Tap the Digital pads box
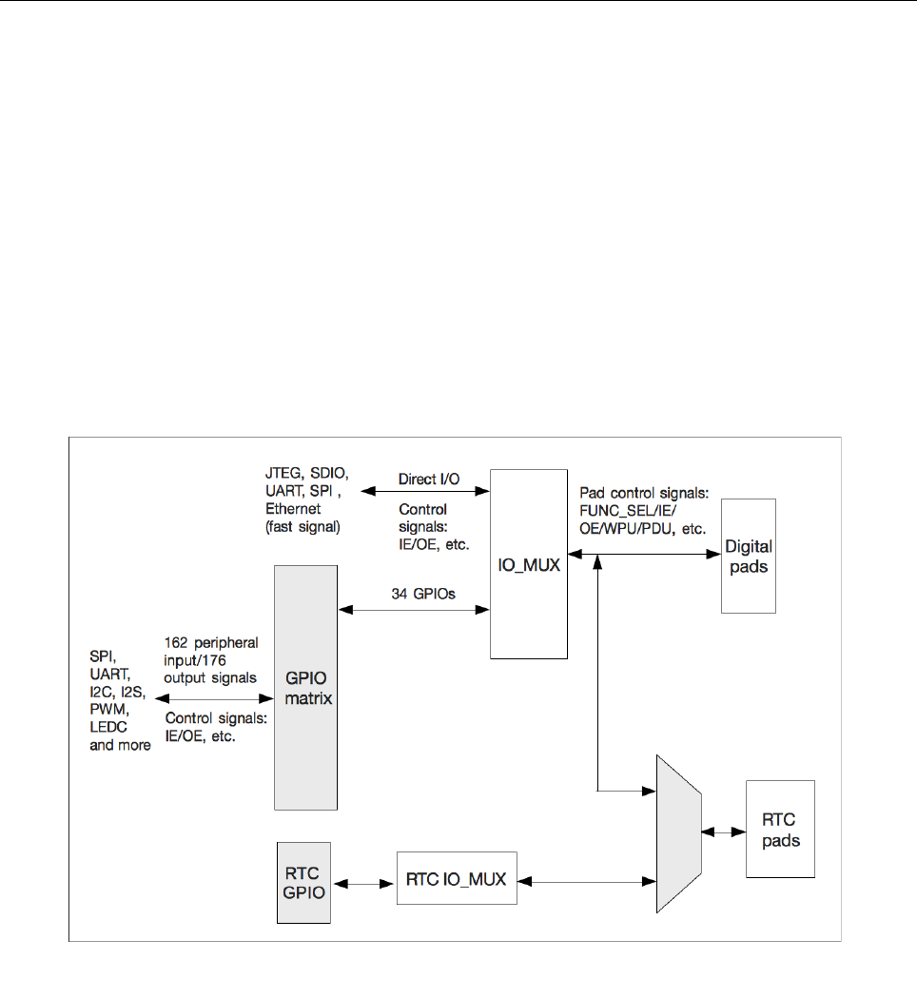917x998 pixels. (x=748, y=555)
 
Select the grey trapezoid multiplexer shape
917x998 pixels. (x=678, y=832)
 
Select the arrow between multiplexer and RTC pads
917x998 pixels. (x=723, y=832)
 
